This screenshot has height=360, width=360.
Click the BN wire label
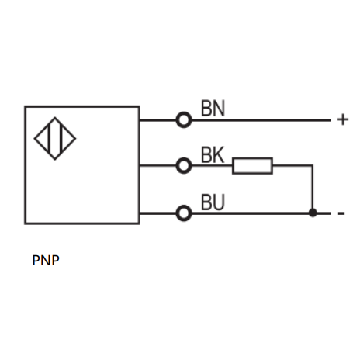(213, 108)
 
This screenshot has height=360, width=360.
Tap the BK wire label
(213, 154)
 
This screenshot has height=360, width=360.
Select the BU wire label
(213, 202)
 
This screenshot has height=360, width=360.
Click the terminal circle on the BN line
(184, 119)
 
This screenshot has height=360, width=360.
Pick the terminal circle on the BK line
(184, 165)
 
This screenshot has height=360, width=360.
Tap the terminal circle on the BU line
(184, 213)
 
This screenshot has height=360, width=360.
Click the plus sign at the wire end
(343, 119)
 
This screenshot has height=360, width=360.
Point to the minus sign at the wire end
(341, 213)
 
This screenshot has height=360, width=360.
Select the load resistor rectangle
(252, 165)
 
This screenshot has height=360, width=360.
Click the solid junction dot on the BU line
(313, 213)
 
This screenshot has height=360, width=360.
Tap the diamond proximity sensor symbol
(55, 139)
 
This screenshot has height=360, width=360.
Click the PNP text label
(46, 260)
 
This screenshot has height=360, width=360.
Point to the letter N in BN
(219, 108)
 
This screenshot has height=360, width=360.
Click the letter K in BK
(219, 154)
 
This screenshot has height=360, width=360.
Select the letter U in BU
(219, 202)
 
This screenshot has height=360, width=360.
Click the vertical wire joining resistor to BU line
(313, 189)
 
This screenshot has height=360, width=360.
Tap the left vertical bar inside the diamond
(49, 139)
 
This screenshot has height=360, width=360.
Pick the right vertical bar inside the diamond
(61, 139)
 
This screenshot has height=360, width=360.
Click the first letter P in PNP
(36, 260)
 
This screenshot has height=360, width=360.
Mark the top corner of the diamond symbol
(55, 117)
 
